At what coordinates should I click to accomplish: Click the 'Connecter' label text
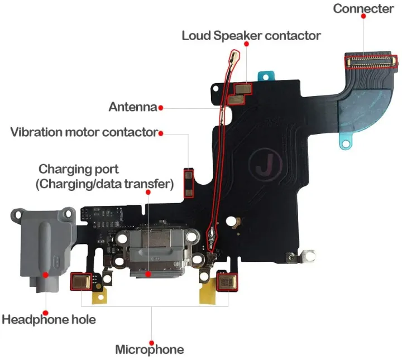[363, 8]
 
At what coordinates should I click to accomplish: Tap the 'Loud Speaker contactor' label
[251, 36]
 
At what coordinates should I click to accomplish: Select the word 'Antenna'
[132, 107]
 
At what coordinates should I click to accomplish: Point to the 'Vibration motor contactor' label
[84, 132]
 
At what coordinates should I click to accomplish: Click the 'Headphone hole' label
[49, 320]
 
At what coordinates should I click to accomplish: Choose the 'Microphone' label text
[149, 350]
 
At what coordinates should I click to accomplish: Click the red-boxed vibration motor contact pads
[189, 183]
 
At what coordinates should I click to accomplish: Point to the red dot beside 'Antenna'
[160, 107]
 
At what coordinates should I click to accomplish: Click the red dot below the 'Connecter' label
[363, 17]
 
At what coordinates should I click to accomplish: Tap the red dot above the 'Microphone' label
[151, 342]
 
